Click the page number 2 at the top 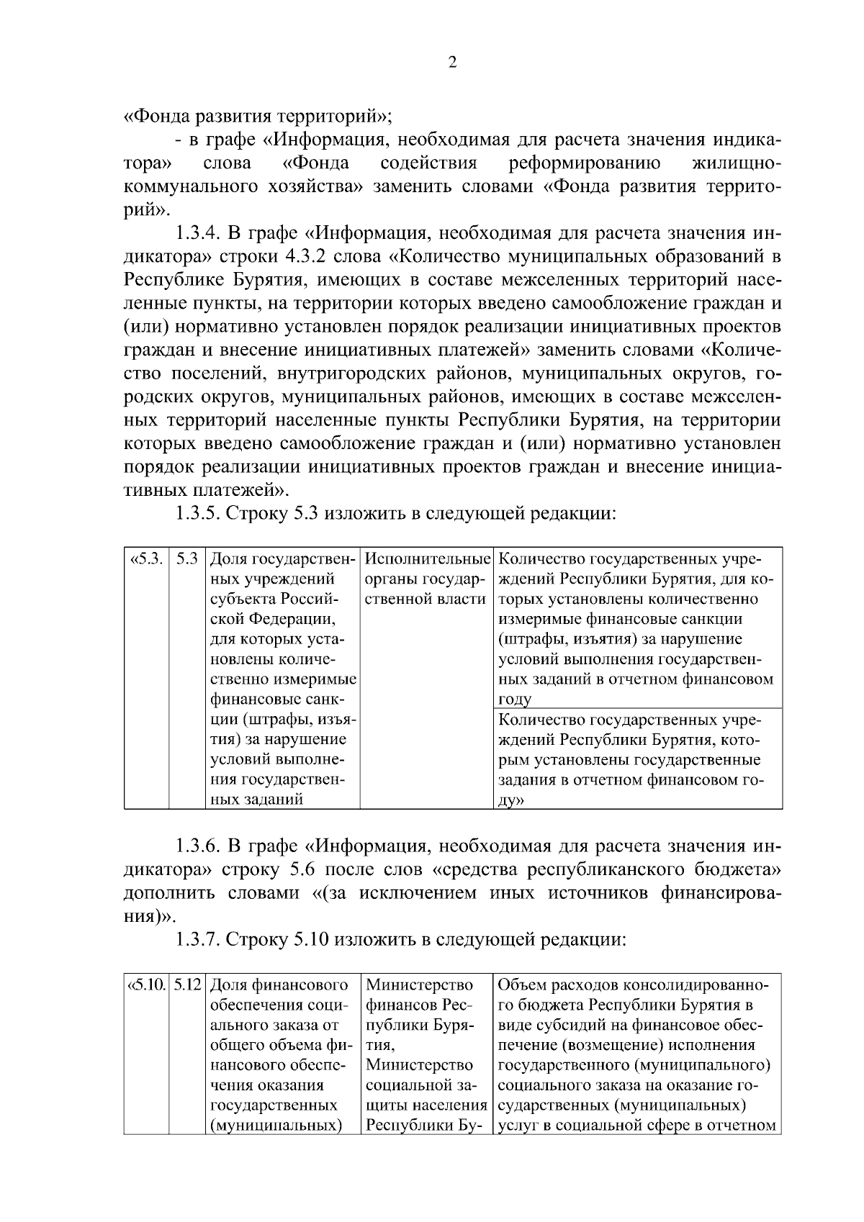452,63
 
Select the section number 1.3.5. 199,514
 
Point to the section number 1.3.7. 199,938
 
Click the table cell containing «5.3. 146,559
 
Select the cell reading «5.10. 146,985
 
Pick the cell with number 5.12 187,985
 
